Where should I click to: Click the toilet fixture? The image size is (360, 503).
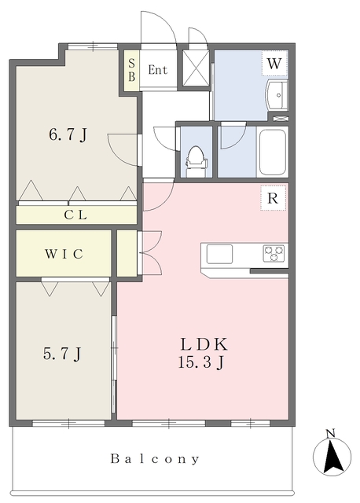pos(195,161)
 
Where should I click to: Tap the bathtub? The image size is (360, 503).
pos(273,152)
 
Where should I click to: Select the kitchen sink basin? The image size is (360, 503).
pos(219,254)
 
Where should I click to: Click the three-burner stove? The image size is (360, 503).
pos(274,253)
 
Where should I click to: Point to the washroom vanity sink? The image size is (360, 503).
pos(277,95)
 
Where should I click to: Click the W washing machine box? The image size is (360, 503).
pos(274,63)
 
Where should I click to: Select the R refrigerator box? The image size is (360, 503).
pos(273,198)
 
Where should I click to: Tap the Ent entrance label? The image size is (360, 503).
pos(158,70)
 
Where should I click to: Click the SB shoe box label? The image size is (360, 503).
pos(132,70)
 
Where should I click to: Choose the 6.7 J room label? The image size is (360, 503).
pos(68,135)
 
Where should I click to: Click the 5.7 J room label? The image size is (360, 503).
pos(62,354)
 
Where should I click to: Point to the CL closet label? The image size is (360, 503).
pos(75,215)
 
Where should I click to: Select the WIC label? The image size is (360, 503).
pos(64,254)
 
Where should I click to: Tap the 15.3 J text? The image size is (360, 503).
pos(201,362)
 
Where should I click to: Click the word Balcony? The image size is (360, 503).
pos(155,459)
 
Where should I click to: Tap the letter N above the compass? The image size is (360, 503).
pos(330,433)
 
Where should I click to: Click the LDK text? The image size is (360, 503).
pos(204,344)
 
